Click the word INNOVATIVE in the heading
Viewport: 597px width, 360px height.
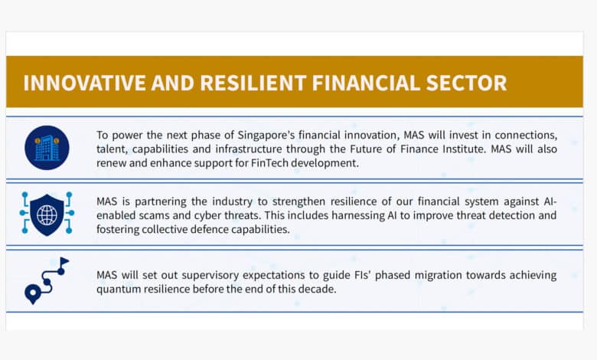(x=84, y=83)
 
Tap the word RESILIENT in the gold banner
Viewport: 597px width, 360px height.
(x=253, y=83)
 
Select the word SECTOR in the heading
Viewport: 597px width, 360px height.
(x=466, y=83)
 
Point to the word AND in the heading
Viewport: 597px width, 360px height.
(x=173, y=83)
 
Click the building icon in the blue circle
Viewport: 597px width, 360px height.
(x=47, y=148)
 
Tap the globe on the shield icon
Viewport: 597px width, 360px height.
(x=47, y=215)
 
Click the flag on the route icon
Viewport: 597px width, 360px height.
(x=64, y=262)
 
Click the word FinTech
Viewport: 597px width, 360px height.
(x=269, y=163)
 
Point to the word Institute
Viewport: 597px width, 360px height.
(x=464, y=149)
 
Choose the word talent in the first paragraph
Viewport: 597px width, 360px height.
(x=112, y=149)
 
